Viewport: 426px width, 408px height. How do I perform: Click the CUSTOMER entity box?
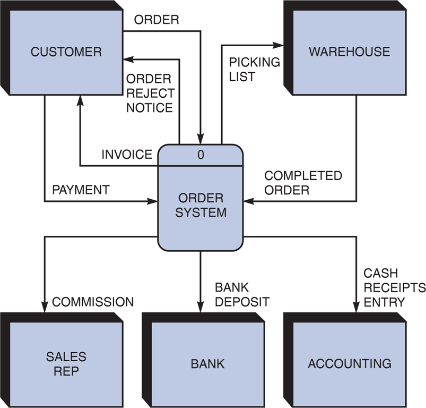(x=66, y=52)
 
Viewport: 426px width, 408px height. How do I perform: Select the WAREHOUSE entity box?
(x=349, y=52)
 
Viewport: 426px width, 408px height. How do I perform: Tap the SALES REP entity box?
(x=66, y=363)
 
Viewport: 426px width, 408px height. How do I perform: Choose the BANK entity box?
(x=207, y=364)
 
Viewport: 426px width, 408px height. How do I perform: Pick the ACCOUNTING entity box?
(x=350, y=364)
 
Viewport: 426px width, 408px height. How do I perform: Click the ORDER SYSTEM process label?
(x=201, y=206)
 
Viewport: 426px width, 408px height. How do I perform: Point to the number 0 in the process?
(x=201, y=155)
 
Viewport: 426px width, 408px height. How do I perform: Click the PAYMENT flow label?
(x=81, y=190)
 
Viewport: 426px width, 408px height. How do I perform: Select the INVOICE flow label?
(x=127, y=155)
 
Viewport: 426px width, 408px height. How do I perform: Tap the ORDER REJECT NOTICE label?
(x=150, y=93)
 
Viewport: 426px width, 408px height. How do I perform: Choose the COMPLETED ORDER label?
(x=303, y=182)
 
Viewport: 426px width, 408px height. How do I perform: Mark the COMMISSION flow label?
(x=93, y=302)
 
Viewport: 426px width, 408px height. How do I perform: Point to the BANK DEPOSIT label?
(x=242, y=295)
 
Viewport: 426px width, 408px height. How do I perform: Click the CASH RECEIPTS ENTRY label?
(x=394, y=288)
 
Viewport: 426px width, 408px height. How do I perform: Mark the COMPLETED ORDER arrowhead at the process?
(x=248, y=201)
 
